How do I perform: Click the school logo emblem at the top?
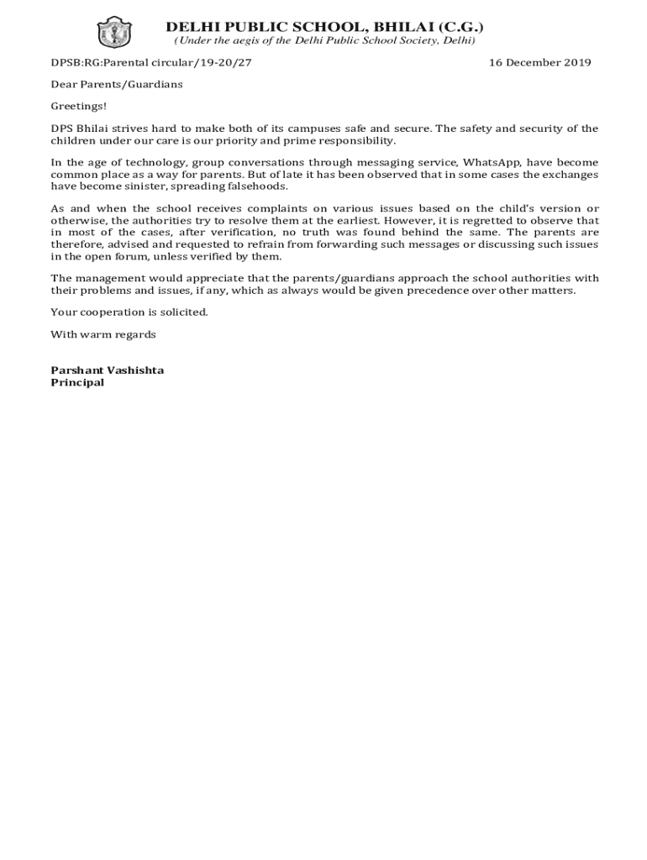click(109, 31)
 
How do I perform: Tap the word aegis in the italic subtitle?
click(245, 40)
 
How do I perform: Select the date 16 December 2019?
click(540, 62)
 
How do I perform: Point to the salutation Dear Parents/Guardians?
click(117, 84)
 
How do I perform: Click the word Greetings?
click(79, 106)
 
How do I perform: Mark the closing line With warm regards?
click(103, 334)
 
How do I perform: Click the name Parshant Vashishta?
click(108, 370)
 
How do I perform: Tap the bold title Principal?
click(77, 382)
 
